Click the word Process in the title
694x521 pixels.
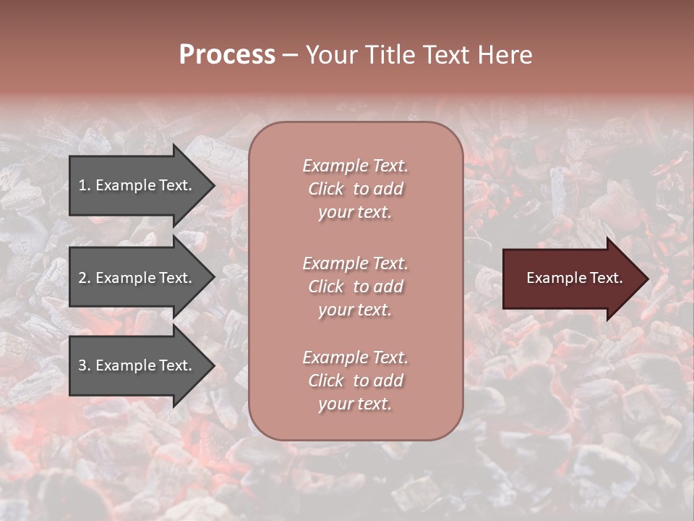point(227,55)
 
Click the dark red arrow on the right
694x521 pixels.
point(571,279)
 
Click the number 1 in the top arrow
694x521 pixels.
point(82,185)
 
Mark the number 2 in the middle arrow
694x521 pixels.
point(82,278)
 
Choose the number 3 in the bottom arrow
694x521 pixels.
point(82,365)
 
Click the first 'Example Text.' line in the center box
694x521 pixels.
point(355,166)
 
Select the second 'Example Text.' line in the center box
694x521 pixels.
point(355,263)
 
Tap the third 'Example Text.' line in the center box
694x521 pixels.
point(355,357)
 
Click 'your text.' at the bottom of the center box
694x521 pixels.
point(355,404)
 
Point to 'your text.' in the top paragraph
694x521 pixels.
point(355,213)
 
